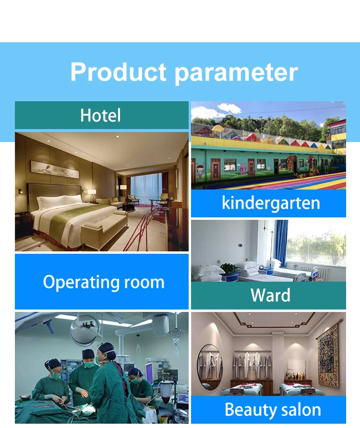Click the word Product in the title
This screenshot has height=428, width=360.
pyautogui.click(x=118, y=72)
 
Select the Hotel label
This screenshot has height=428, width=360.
pyautogui.click(x=100, y=115)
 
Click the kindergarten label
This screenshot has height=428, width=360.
pyautogui.click(x=271, y=203)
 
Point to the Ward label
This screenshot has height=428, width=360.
pyautogui.click(x=270, y=295)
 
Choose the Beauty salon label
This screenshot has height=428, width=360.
pyautogui.click(x=273, y=410)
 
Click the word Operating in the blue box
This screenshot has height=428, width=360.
pyautogui.click(x=81, y=283)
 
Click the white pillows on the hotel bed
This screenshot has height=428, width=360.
pyautogui.click(x=59, y=202)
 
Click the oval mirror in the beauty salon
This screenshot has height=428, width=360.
pyautogui.click(x=210, y=367)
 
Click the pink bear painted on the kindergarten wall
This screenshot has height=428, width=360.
pyautogui.click(x=242, y=169)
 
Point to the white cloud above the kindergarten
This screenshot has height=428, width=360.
pyautogui.click(x=229, y=108)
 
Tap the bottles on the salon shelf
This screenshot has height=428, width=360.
pyautogui.click(x=295, y=376)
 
